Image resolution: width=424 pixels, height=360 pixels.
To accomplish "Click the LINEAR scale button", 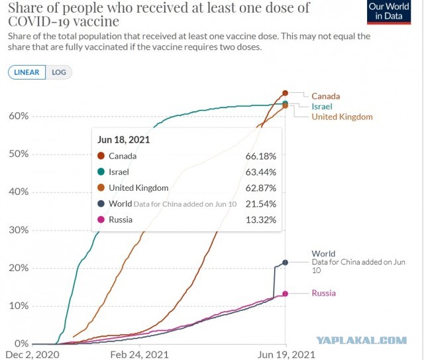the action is pos(26,72).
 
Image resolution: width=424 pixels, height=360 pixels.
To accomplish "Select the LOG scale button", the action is pos(59,72).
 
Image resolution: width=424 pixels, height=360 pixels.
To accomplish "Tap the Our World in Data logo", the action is pos(389,12).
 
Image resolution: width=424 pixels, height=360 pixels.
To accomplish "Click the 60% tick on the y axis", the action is pos(19,116).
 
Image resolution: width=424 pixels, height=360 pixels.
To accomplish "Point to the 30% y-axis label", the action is pos(19,230).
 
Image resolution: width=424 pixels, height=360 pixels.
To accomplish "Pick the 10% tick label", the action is pos(19,306).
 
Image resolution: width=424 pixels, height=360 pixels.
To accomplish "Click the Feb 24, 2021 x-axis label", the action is pos(140,355).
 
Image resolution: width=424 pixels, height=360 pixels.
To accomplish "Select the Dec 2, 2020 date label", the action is pos(32,355).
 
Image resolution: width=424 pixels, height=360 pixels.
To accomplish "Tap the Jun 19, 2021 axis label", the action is pos(286,355).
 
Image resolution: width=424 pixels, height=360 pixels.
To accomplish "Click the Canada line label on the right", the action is pos(325,96).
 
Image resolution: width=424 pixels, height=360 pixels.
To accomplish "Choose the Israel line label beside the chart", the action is pos(322,106).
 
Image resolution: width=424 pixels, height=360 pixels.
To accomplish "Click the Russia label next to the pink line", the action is pos(324,293).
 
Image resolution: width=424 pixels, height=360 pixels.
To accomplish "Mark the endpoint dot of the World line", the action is pos(286,263).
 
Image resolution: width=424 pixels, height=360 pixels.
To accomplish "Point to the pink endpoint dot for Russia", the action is pos(286,294).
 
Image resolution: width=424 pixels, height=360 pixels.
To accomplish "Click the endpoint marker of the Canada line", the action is pos(286,93).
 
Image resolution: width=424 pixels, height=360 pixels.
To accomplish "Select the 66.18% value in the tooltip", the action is pos(261,156).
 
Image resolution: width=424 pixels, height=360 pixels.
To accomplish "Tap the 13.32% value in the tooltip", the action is pos(261,219).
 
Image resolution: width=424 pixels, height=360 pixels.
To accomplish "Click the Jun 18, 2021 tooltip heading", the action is pos(124,140).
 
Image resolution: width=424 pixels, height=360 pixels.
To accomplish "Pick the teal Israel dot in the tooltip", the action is pos(101,172).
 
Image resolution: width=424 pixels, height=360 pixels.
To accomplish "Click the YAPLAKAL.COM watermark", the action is pos(362,340).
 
